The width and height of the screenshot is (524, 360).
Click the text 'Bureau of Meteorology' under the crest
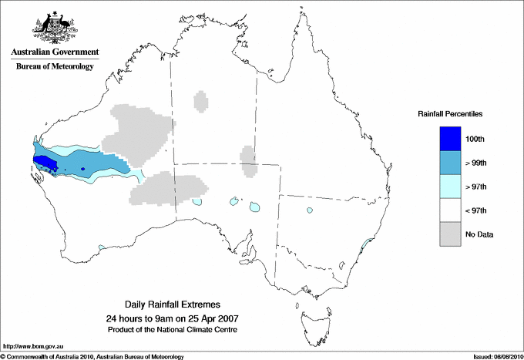tap(54, 66)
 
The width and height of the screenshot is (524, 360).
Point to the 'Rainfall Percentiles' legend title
tap(450, 113)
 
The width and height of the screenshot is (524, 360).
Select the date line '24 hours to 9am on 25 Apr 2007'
tap(178, 318)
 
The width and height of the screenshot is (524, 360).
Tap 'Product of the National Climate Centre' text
tap(178, 330)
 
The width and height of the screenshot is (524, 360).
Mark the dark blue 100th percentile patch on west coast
tap(45, 161)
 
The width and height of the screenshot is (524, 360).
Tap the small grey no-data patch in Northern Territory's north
tap(201, 101)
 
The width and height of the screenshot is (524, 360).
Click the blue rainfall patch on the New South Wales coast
tap(368, 245)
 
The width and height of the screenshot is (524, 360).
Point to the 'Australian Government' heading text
tap(54, 52)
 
